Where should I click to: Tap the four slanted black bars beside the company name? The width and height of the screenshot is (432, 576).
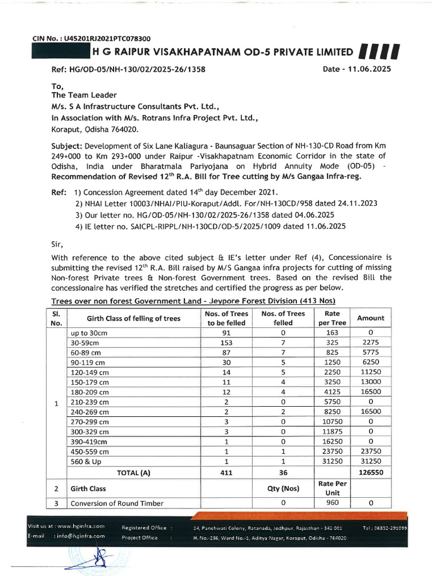point(379,52)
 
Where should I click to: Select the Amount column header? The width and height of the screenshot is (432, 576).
point(371,318)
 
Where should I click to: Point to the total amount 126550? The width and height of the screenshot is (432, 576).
point(371,472)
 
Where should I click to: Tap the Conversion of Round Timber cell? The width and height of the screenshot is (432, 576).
point(117,503)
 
